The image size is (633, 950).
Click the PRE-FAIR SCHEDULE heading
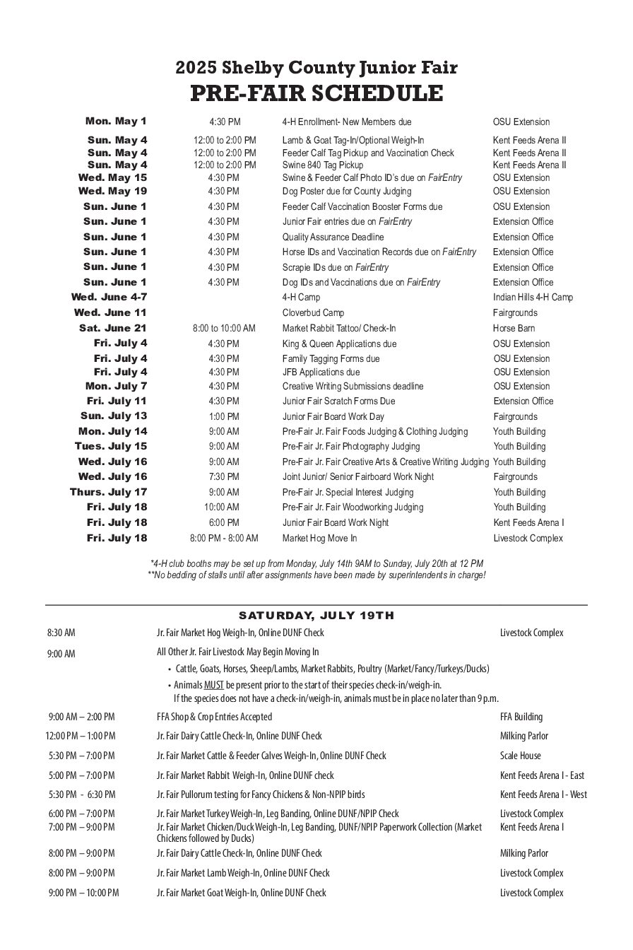coord(316,93)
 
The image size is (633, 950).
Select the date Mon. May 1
coord(116,122)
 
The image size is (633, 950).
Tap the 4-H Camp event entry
coord(301,298)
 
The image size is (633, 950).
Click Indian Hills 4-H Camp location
coord(533,298)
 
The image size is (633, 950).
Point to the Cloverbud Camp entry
coord(313,312)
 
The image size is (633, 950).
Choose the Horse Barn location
coord(514,328)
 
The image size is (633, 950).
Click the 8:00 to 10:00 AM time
coord(224,328)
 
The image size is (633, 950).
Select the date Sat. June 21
coord(113,328)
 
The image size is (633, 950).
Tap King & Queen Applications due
coord(339,344)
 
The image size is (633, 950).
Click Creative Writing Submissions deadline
coord(353,386)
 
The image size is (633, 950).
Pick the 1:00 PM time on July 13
coord(224,416)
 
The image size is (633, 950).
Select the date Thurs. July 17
coord(108,492)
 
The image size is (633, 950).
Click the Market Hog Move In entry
coord(319,538)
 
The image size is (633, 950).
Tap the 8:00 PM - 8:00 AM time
coord(224,538)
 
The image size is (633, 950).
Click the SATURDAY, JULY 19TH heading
coord(316,615)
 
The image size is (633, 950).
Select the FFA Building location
coord(521,717)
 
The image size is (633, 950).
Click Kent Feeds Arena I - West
coord(543,794)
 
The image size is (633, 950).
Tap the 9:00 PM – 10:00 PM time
coord(83,893)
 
